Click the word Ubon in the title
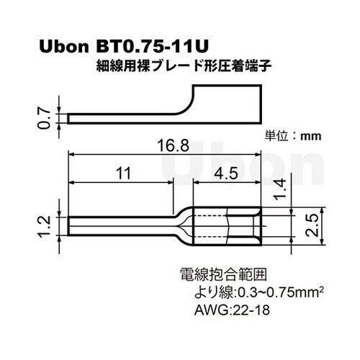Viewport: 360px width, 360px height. click(63, 48)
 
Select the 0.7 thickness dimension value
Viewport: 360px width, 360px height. click(44, 117)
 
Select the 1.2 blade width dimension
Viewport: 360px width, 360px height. click(44, 225)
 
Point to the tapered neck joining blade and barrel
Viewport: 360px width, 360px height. click(184, 225)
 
